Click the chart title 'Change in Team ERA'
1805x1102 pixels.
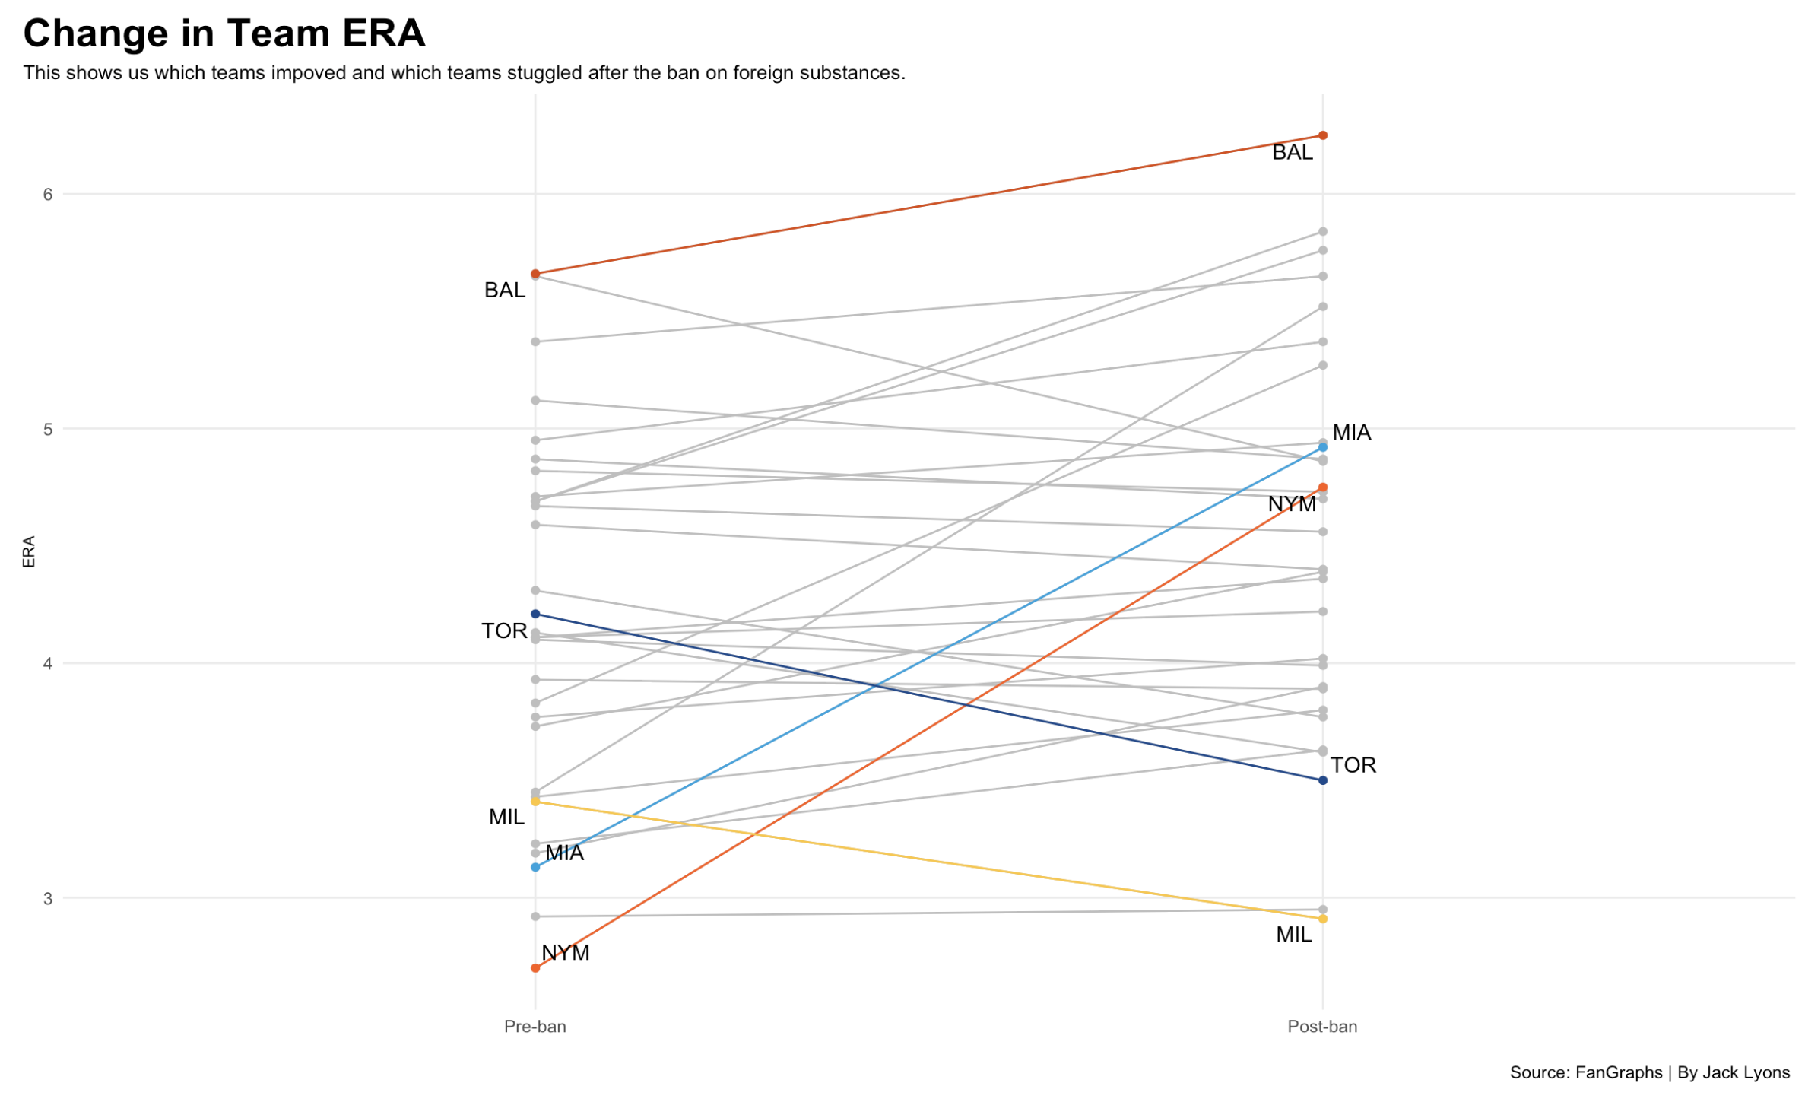pyautogui.click(x=224, y=33)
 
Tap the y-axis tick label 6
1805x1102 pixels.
pyautogui.click(x=48, y=195)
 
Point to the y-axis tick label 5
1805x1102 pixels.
pyautogui.click(x=48, y=430)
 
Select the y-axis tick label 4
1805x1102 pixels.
pyautogui.click(x=48, y=665)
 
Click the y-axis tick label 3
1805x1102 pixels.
pyautogui.click(x=48, y=900)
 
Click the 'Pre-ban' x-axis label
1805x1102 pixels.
pyautogui.click(x=536, y=1028)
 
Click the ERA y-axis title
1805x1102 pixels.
pyautogui.click(x=29, y=552)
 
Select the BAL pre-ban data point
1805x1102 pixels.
pyautogui.click(x=536, y=274)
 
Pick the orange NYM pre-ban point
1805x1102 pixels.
pyautogui.click(x=536, y=970)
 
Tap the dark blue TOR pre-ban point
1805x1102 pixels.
pyautogui.click(x=536, y=615)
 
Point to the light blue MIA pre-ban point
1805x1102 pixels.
pyautogui.click(x=536, y=869)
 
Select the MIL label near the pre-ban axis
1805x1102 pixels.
pyautogui.click(x=507, y=819)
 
